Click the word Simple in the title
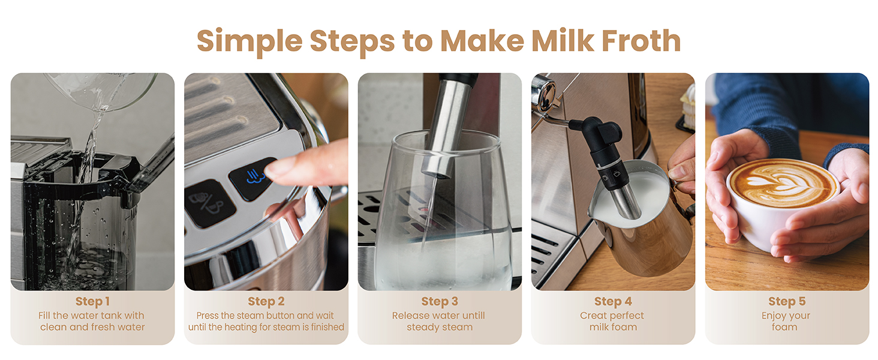(249, 41)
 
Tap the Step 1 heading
(92, 301)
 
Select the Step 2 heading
(266, 301)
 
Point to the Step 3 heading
(439, 301)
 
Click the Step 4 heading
(613, 301)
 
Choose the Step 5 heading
(786, 301)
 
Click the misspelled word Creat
(594, 316)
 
